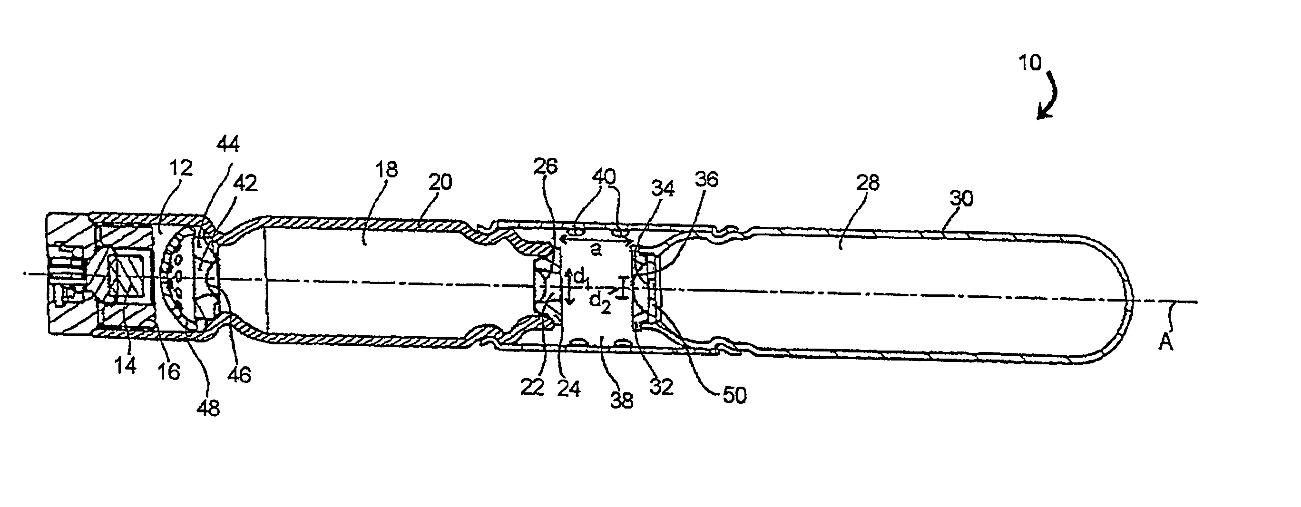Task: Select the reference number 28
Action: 868,182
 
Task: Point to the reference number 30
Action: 961,199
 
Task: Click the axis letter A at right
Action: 1165,343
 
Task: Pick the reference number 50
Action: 734,395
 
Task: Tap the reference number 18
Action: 386,170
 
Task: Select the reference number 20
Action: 440,182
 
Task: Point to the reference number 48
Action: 208,408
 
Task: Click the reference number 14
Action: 125,366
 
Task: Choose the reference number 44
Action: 228,145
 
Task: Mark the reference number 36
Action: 706,179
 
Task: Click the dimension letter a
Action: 597,250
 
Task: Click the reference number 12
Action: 181,168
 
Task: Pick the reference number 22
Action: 532,387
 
